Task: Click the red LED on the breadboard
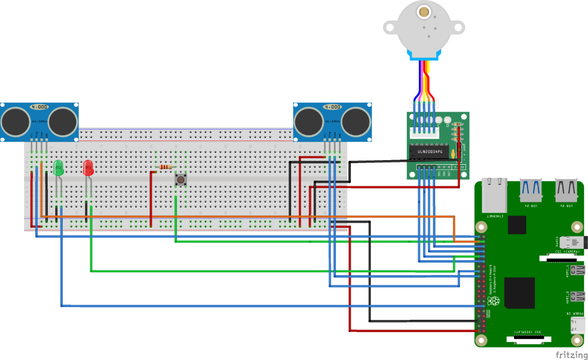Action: click(88, 168)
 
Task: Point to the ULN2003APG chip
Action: click(429, 151)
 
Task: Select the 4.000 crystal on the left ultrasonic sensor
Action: click(39, 106)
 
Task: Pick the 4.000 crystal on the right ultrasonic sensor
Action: click(332, 106)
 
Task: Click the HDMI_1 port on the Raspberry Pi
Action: click(578, 270)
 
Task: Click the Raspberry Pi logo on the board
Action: click(493, 301)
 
